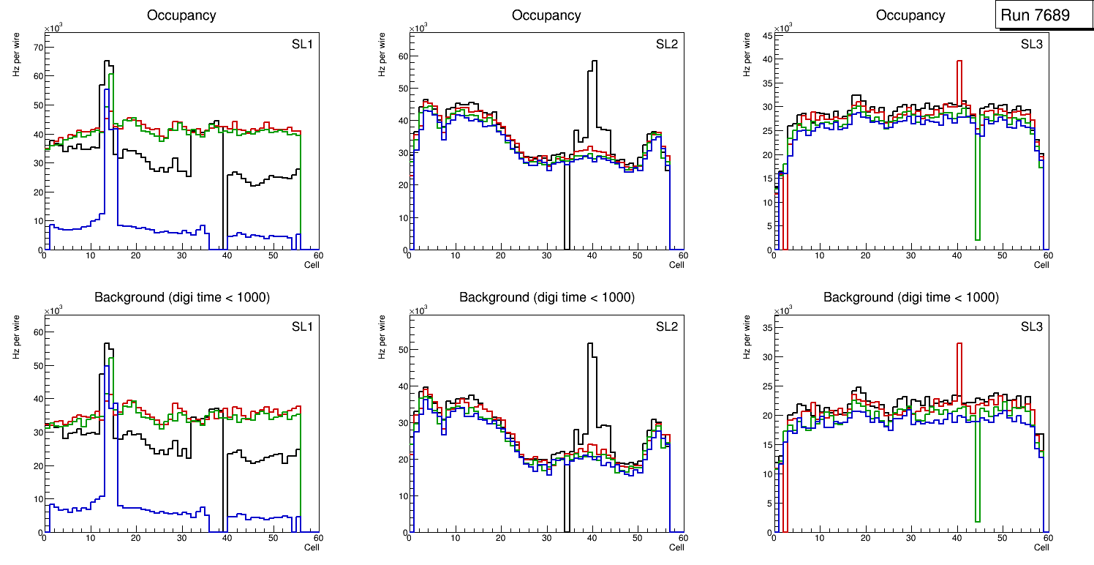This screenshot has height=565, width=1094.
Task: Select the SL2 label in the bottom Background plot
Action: tap(667, 326)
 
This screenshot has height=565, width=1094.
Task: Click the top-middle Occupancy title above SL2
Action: tap(546, 15)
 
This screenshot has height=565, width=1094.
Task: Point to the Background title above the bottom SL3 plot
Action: tap(911, 297)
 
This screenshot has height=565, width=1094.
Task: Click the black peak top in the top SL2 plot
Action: tap(595, 61)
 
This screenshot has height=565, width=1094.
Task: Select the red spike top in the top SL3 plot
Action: tap(959, 61)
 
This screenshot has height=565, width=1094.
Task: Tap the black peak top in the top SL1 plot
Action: tap(107, 61)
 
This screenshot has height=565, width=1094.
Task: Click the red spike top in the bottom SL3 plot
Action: tap(959, 343)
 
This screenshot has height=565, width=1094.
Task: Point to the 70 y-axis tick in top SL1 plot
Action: tap(38, 48)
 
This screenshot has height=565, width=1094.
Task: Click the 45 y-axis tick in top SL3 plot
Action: tap(768, 35)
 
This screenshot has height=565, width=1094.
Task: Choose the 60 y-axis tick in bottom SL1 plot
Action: tap(38, 332)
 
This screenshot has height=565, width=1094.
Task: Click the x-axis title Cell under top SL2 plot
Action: tap(676, 265)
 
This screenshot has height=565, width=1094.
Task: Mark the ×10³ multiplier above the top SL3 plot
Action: tap(784, 28)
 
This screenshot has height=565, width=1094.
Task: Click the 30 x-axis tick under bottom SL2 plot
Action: tap(546, 539)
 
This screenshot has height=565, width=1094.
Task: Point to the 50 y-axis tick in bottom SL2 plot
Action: tap(403, 350)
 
